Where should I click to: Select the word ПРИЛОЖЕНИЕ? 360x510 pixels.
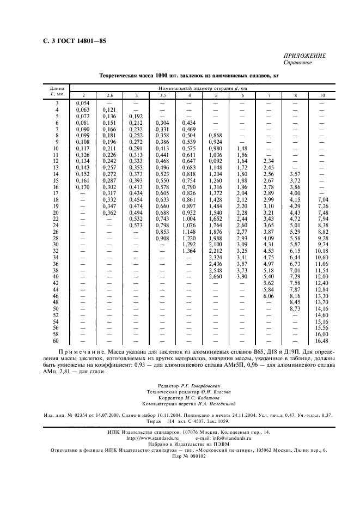pos(305,56)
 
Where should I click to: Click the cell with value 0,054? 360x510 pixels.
pos(83,102)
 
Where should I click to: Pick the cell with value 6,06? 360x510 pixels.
pos(269,296)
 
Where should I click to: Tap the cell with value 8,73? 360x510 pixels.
pos(295,309)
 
